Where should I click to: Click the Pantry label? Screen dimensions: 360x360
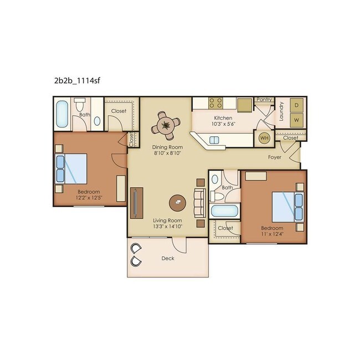pyautogui.click(x=264, y=100)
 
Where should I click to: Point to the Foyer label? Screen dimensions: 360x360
pyautogui.click(x=275, y=157)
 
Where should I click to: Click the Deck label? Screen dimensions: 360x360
pyautogui.click(x=168, y=259)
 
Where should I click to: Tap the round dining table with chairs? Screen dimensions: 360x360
pyautogui.click(x=166, y=125)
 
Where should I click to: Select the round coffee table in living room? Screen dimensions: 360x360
pyautogui.click(x=177, y=202)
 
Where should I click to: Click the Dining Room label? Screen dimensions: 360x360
pyautogui.click(x=166, y=147)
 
